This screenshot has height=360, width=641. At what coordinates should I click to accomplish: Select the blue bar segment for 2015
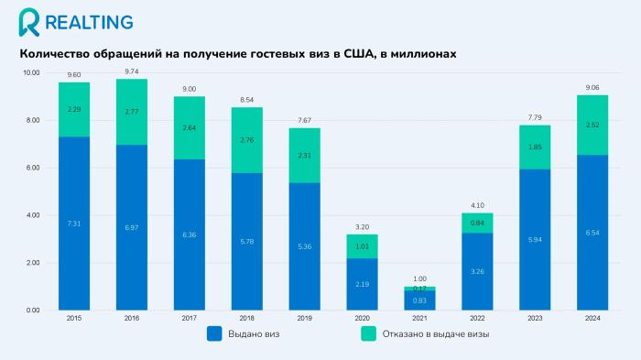pos(74,224)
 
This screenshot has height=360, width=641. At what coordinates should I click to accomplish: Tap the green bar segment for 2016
pos(131,112)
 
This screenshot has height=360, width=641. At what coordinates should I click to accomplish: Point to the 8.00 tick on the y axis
pos(31,120)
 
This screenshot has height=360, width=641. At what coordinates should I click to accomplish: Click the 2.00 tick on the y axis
pos(31,263)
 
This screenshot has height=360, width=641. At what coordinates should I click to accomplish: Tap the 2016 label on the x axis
pos(131,318)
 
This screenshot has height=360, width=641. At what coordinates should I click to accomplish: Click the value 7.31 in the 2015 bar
pos(74,224)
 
